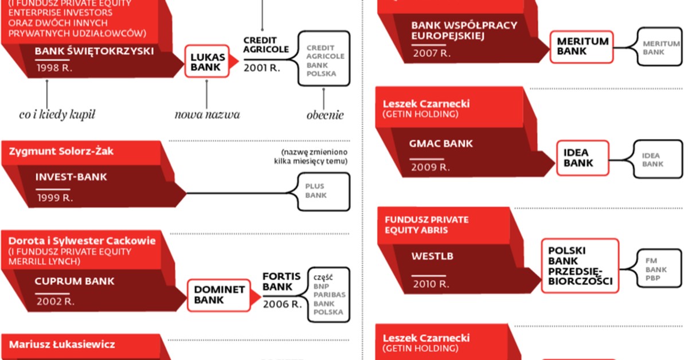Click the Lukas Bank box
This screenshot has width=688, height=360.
(x=205, y=62)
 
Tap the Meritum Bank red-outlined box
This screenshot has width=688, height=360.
(x=583, y=46)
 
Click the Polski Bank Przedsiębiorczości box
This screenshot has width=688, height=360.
(x=580, y=266)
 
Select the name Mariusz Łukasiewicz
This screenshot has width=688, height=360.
(x=62, y=345)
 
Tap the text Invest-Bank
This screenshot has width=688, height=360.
(x=71, y=177)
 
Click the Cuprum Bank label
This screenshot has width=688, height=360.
(x=75, y=281)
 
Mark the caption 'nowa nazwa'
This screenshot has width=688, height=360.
(x=207, y=115)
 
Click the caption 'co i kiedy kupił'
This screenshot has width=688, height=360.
(x=57, y=115)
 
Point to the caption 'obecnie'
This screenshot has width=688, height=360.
(x=325, y=115)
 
